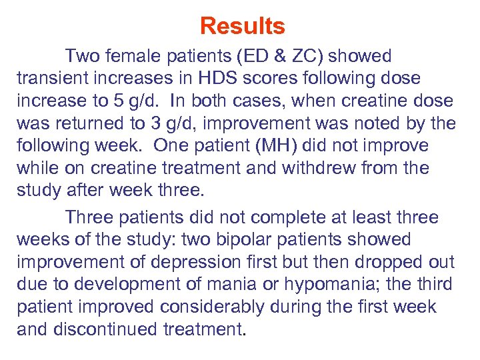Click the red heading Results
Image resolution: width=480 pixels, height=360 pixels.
click(x=242, y=27)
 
